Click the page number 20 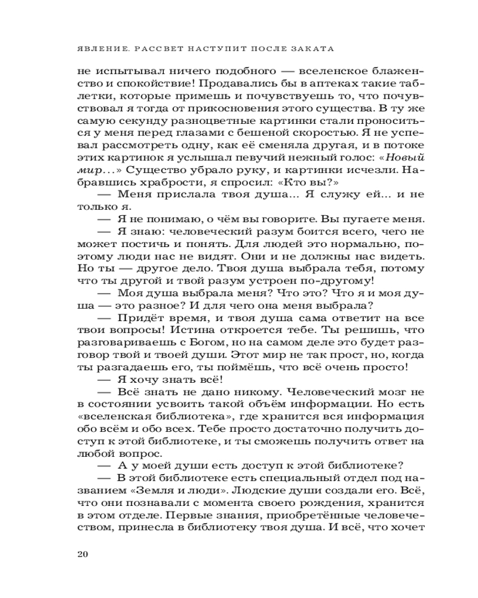(x=83, y=553)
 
